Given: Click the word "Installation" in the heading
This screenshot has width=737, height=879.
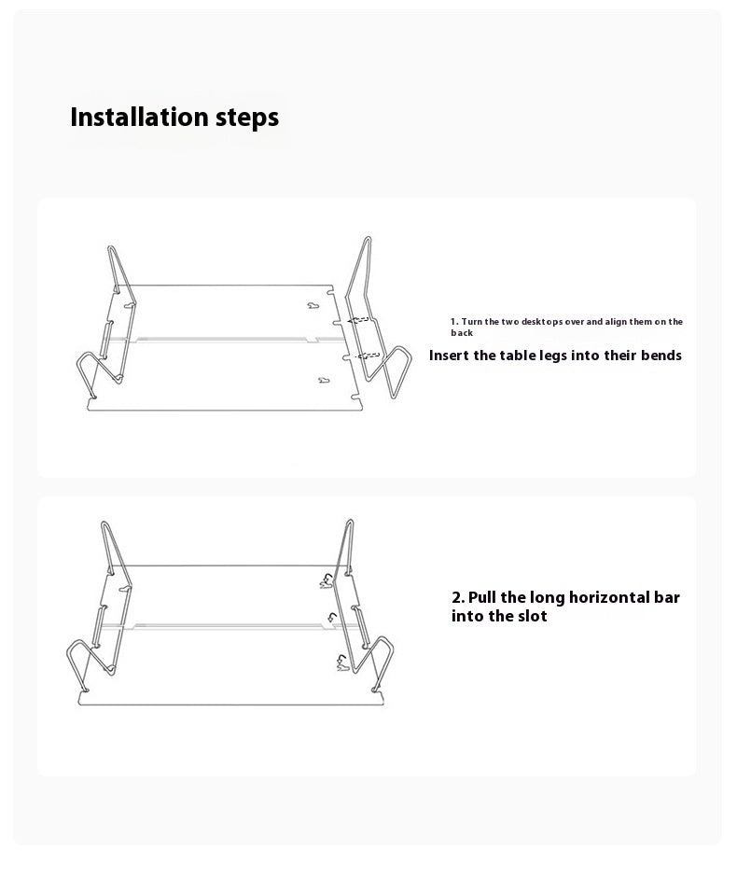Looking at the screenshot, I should coord(138,118).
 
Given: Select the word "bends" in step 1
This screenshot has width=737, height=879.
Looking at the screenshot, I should coord(659,356).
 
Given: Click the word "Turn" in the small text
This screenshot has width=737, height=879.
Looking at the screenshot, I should coord(471,322).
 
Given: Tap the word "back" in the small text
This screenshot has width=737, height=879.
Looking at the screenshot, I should coord(462,333).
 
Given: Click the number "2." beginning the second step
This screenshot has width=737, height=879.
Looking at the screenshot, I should coord(458,597).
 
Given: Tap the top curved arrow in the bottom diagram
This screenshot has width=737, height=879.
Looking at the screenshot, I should coord(326,580).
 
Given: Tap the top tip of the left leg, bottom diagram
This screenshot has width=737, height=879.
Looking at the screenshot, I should coord(105,523).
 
